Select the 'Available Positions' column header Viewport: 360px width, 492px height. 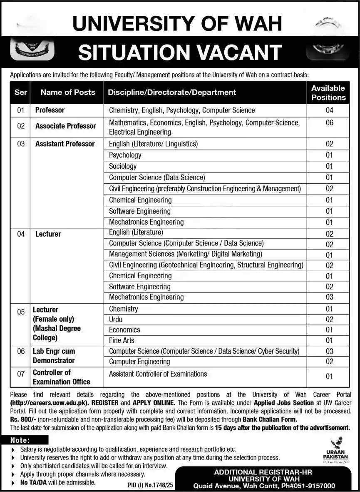[x=328, y=92]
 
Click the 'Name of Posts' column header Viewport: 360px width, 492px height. [x=67, y=92]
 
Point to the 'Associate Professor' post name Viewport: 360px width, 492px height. [x=65, y=126]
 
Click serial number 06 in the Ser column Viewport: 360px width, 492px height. [x=21, y=351]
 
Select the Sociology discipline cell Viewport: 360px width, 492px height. [x=123, y=166]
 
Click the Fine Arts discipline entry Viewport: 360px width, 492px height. [x=122, y=340]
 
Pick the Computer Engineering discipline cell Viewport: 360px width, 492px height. [x=139, y=362]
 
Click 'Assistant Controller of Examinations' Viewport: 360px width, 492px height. [x=158, y=374]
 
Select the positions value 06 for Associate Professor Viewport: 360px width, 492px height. [x=329, y=123]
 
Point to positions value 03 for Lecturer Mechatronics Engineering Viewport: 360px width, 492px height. [x=329, y=297]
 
